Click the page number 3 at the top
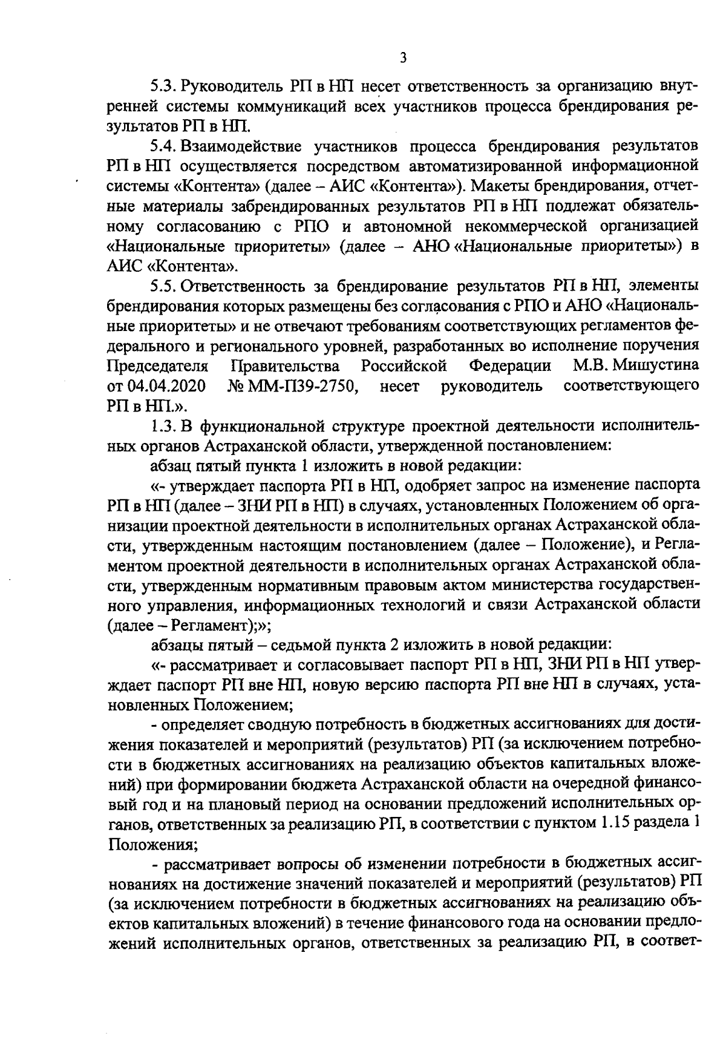coord(404,57)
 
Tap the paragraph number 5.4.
coord(163,146)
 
